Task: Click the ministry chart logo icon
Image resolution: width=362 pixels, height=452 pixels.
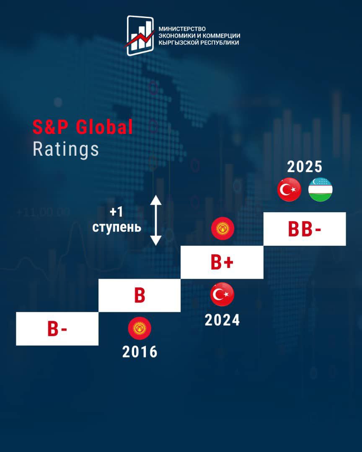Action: (140, 36)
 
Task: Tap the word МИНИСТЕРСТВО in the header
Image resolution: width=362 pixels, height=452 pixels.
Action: (182, 29)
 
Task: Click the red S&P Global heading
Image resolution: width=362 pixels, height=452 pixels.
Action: (83, 127)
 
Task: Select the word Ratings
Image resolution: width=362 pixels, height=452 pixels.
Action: (66, 149)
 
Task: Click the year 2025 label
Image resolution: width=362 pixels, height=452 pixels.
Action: (305, 167)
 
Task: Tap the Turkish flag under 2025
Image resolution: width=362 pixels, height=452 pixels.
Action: (289, 190)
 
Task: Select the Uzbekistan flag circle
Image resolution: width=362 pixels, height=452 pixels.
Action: (321, 190)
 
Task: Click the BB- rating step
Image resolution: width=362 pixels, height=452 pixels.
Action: (305, 229)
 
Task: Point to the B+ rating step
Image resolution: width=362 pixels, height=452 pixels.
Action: (222, 262)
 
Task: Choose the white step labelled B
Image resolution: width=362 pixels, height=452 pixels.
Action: (140, 295)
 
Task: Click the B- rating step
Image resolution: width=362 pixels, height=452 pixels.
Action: (57, 329)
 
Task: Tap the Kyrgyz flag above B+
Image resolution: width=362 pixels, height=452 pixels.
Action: (222, 229)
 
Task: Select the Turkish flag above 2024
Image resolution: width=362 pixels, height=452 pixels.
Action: (222, 294)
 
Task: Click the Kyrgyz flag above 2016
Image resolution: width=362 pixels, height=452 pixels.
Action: (140, 328)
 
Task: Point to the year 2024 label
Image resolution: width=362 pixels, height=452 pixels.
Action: (222, 320)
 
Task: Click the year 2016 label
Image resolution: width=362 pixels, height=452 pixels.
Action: (140, 352)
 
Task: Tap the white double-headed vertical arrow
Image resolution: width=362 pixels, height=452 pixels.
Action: (156, 220)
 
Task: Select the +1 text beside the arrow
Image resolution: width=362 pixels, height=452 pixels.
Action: (116, 212)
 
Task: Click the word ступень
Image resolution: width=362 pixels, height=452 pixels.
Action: (117, 227)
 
